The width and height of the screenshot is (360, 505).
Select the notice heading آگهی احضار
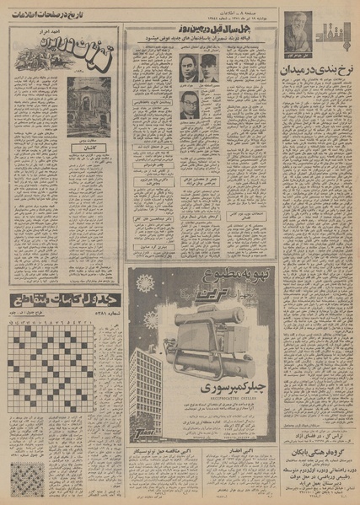pyautogui.click(x=239, y=451)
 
